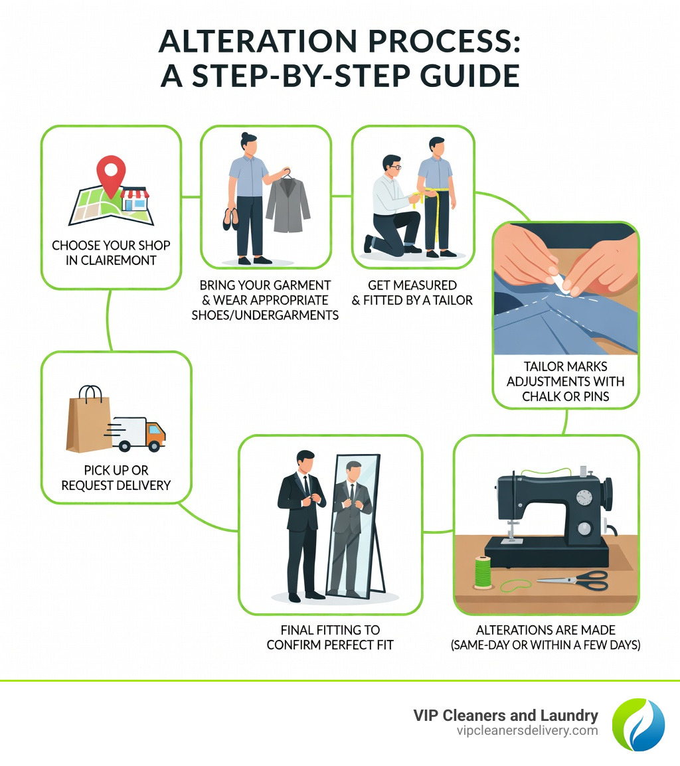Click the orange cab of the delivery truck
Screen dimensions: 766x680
point(154,434)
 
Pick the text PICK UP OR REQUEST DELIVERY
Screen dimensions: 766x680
point(116,478)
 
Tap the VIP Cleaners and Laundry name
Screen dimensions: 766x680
point(505,716)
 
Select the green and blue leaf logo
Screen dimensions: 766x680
point(637,724)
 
